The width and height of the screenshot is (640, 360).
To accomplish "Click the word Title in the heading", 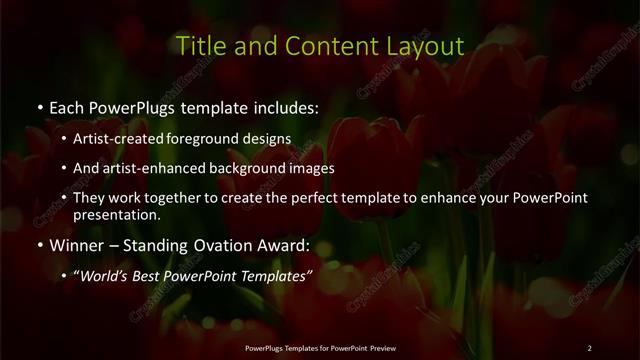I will pos(199,46).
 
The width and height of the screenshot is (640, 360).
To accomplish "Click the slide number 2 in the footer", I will pos(589,347).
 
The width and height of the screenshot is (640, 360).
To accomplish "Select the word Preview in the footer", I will pos(379,347).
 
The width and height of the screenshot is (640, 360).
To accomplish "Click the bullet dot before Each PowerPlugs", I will pos(38,106).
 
